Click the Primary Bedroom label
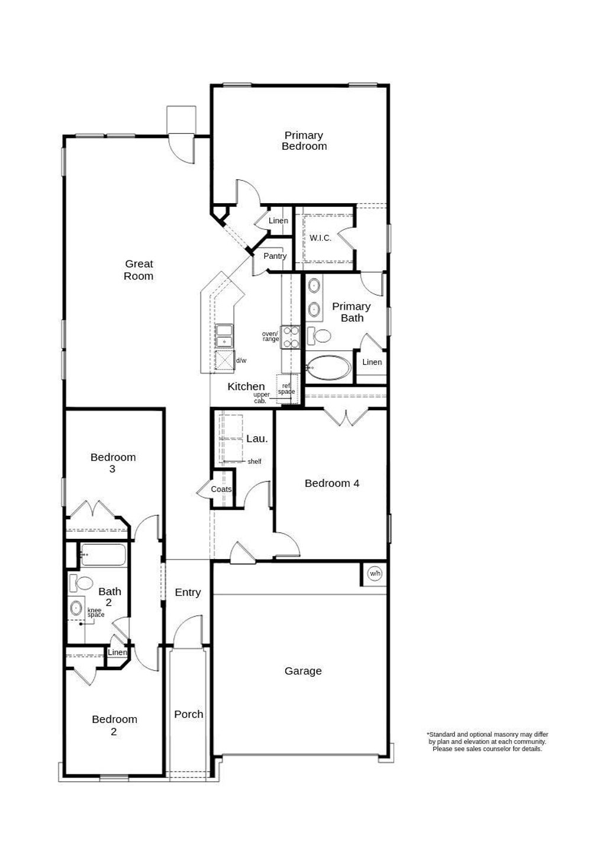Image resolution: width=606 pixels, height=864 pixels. [x=304, y=141]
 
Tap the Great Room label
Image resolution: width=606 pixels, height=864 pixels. [x=138, y=270]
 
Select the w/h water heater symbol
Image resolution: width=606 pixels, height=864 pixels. [x=375, y=573]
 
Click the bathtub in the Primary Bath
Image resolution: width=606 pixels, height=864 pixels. [x=329, y=368]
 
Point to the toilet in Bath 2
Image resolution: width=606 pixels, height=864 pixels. [x=82, y=583]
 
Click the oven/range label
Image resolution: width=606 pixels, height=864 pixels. [x=270, y=336]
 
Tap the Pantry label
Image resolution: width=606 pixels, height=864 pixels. [x=275, y=256]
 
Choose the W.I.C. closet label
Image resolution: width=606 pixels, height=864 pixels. [x=320, y=238]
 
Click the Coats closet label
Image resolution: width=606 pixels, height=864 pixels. [x=221, y=489]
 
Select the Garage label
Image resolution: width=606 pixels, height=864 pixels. [x=303, y=671]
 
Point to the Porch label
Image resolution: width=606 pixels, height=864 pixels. [x=189, y=714]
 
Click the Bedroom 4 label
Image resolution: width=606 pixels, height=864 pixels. [x=332, y=483]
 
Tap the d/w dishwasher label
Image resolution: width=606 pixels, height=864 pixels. [x=241, y=360]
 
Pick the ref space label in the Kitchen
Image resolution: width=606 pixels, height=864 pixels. [x=286, y=388]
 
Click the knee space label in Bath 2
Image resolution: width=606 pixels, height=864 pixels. [x=95, y=612]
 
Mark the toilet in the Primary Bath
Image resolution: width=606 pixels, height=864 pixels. [x=320, y=336]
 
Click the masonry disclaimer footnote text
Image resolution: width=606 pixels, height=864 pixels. [x=487, y=741]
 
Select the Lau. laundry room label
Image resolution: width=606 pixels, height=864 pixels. [x=257, y=439]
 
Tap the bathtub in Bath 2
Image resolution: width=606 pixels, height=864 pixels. [x=103, y=555]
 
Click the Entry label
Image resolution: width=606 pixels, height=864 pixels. [x=188, y=592]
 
